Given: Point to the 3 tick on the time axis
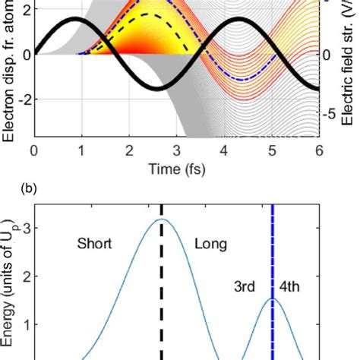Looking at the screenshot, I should (177, 149).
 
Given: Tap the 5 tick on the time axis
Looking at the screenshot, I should (273, 149).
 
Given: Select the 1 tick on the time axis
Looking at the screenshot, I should (81, 149).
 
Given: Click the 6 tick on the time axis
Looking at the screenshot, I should (320, 149).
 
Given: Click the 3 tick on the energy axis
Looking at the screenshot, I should (24, 226).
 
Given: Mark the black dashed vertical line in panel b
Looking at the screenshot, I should (162, 304).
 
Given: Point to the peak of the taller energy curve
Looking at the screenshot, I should (162, 220).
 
